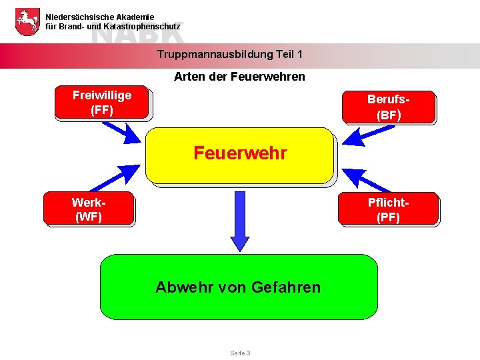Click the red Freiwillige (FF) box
103,103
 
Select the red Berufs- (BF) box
389,107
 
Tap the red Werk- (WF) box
89,209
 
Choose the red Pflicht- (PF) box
388,209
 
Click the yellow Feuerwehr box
239,155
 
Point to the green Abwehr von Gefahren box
238,287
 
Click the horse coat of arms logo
27,21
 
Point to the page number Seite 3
240,353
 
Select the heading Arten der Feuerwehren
239,77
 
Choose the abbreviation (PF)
388,217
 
